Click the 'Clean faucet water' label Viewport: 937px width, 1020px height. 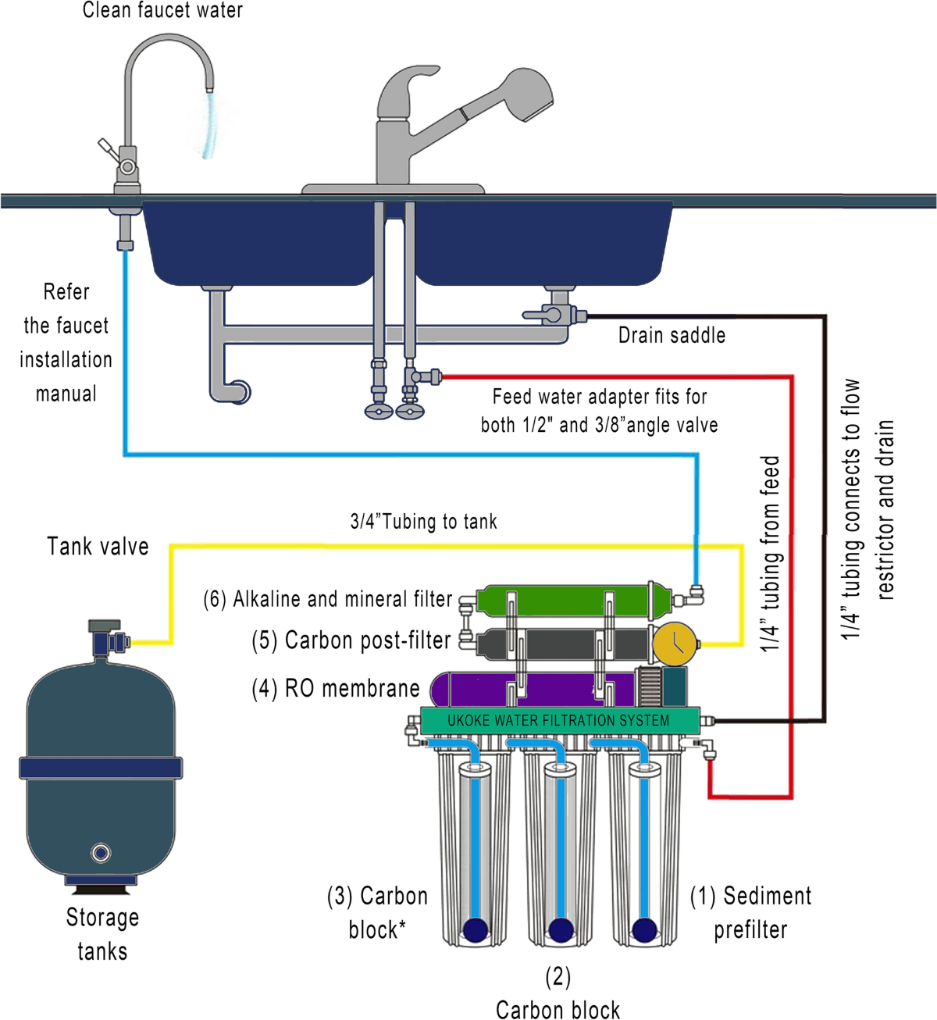point(162,11)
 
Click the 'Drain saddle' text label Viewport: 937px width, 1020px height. point(672,335)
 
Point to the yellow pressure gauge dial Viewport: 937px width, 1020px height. point(674,643)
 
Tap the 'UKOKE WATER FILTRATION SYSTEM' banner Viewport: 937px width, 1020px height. point(558,720)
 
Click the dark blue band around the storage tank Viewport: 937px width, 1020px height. point(100,768)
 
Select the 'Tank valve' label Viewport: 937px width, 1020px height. point(98,546)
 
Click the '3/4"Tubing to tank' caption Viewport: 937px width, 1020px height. point(423,522)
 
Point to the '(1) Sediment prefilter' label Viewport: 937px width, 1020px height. point(750,912)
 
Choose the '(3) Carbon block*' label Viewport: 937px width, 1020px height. point(377,912)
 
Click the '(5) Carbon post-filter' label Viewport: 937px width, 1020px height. point(351,640)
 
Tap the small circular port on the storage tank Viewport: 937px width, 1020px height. point(101,852)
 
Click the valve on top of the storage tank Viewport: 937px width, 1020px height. point(106,638)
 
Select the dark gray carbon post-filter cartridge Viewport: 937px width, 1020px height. point(562,644)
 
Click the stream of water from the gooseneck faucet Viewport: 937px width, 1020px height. point(209,125)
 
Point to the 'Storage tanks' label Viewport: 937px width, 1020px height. point(102,934)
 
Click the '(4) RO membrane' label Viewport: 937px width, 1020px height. point(336,688)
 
